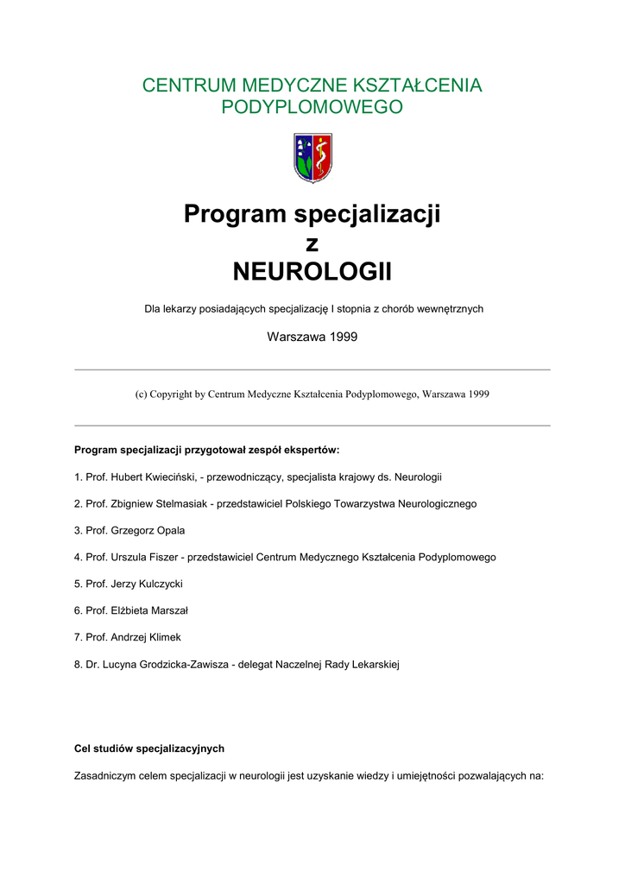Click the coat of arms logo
[312, 157]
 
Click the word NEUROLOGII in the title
[312, 273]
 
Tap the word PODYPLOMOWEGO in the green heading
[312, 107]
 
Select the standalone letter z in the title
[312, 244]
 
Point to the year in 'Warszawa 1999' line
[341, 337]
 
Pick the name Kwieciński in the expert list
[168, 477]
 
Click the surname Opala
[169, 530]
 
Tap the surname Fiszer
[165, 557]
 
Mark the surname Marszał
[168, 610]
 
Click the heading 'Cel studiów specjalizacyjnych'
[149, 748]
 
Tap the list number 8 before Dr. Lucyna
[78, 664]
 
